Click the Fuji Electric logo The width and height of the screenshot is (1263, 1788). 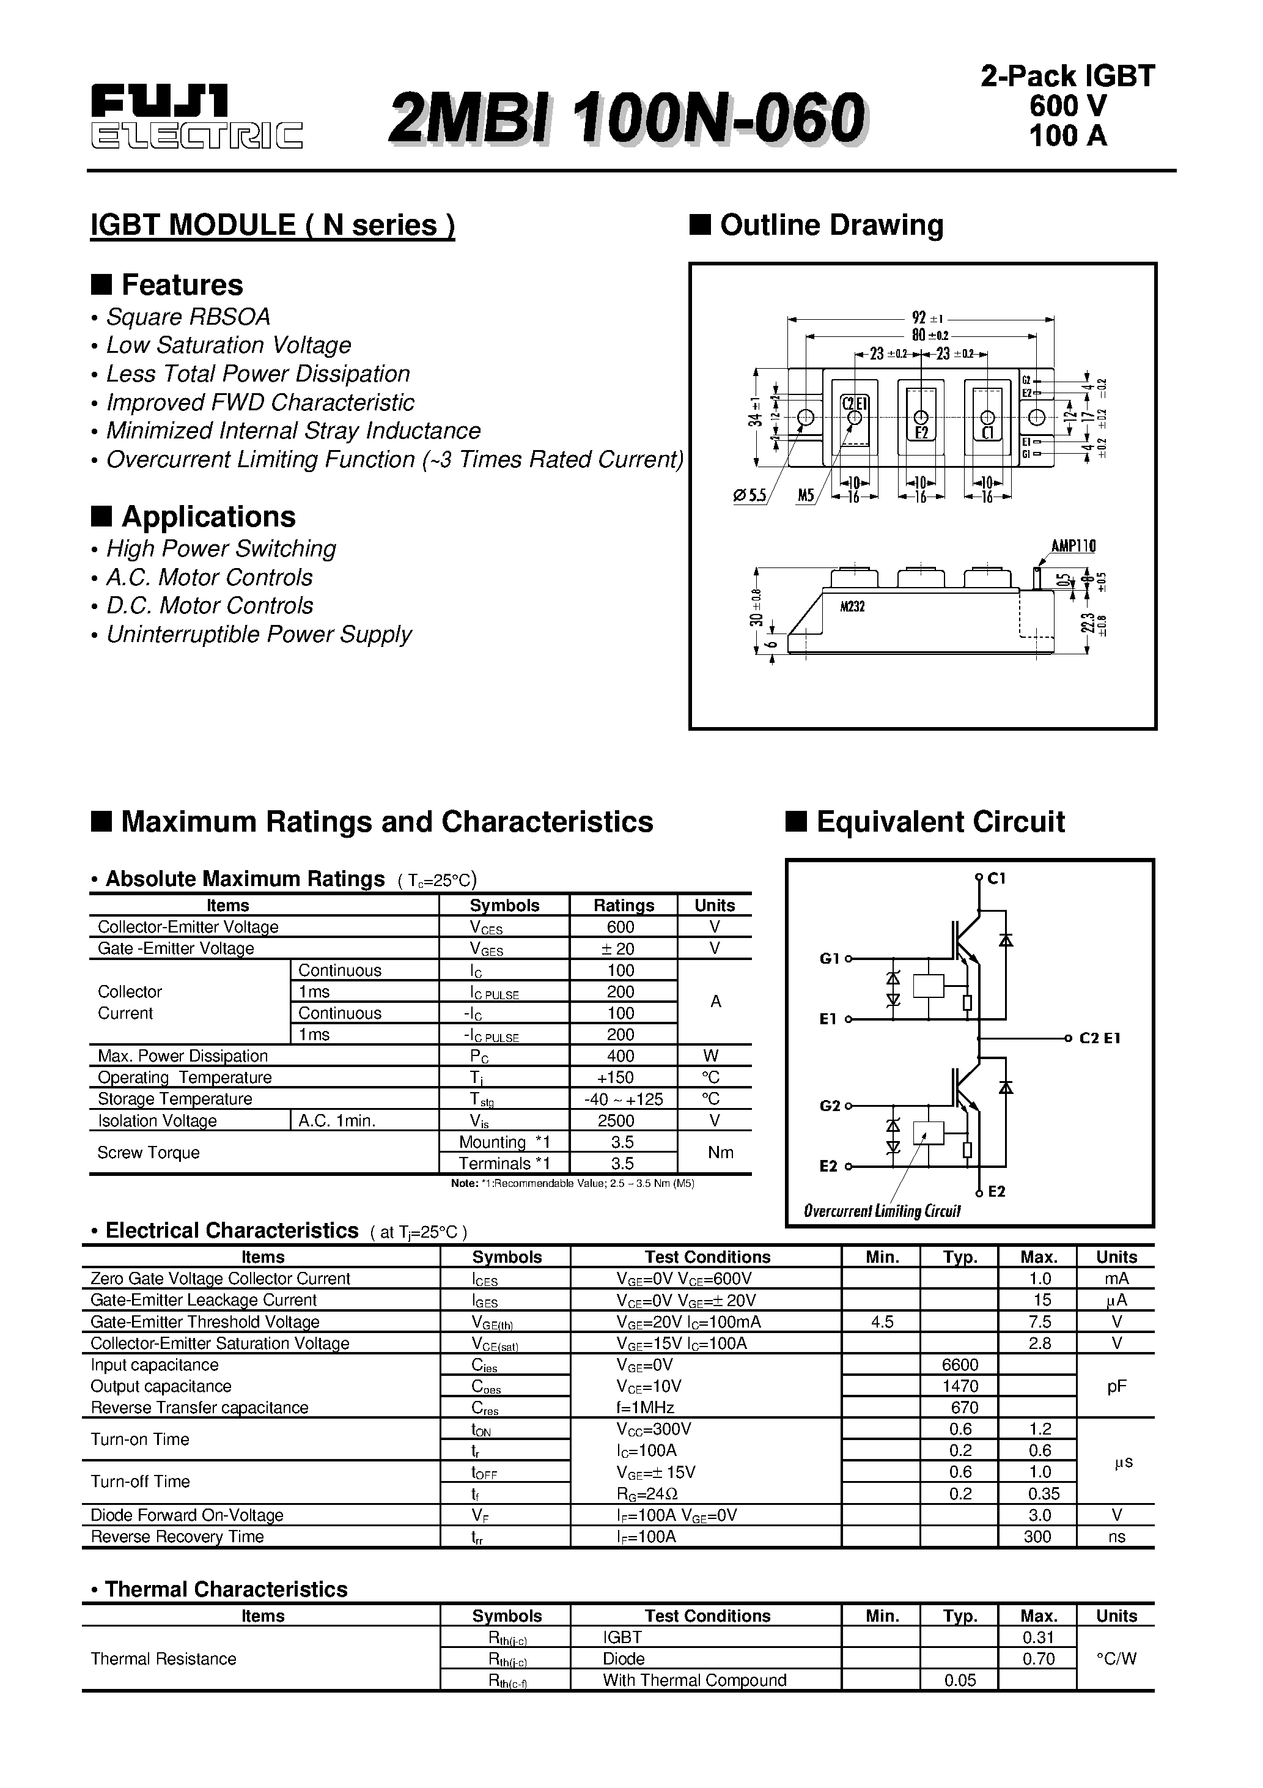click(x=196, y=117)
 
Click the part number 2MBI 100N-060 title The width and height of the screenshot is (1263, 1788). click(x=626, y=117)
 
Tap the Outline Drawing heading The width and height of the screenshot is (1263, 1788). click(x=831, y=225)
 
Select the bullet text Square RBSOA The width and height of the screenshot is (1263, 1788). click(x=188, y=317)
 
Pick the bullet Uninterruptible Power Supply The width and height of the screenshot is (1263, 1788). click(x=259, y=635)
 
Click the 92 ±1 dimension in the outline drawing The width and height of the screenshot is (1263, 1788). click(x=927, y=318)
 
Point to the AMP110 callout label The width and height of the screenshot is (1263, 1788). click(x=1072, y=546)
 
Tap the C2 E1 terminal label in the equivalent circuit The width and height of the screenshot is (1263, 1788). click(x=1100, y=1038)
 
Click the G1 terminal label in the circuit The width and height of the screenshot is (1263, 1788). click(x=830, y=959)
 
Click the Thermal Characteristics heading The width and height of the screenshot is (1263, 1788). click(x=226, y=1589)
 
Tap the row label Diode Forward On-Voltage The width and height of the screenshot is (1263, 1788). click(x=187, y=1515)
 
